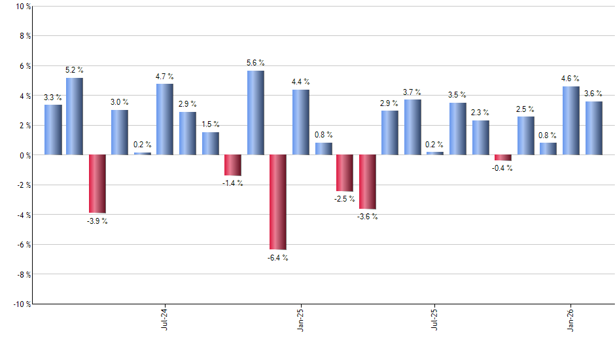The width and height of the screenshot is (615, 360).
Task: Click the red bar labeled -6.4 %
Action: [278, 202]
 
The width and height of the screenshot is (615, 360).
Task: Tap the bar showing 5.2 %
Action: [75, 117]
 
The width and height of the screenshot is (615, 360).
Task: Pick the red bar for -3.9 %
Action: [97, 184]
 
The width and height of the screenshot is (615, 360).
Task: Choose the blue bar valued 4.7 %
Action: [165, 120]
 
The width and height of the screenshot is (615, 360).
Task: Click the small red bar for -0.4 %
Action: [503, 158]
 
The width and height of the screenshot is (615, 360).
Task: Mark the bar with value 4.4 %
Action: [301, 122]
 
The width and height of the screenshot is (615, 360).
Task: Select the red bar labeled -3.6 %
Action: [368, 182]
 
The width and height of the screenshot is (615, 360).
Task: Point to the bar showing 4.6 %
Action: [571, 120]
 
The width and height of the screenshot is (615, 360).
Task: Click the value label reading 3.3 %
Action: [53, 98]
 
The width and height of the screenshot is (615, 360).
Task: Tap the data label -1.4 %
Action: [233, 183]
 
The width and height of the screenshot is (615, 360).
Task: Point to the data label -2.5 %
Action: [345, 199]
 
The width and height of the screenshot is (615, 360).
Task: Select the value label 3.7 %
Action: [412, 92]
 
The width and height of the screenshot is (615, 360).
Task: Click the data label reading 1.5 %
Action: [211, 124]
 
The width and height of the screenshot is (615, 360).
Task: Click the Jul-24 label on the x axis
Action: [164, 319]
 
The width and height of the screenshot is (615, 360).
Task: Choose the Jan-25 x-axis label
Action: [300, 319]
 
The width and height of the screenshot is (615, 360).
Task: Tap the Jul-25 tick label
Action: [434, 319]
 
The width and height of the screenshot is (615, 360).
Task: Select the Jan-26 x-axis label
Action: [571, 319]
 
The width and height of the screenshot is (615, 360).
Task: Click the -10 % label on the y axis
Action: [19, 304]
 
